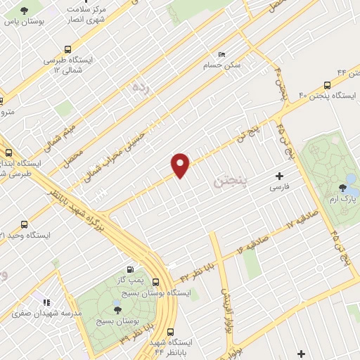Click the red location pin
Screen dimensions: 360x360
pyautogui.click(x=181, y=165)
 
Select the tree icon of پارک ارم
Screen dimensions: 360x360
pyautogui.click(x=342, y=187)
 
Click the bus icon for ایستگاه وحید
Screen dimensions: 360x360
pyautogui.click(x=25, y=224)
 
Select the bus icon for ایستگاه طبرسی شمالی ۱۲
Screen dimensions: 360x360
pyautogui.click(x=67, y=49)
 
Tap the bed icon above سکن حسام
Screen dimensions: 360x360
pyautogui.click(x=222, y=54)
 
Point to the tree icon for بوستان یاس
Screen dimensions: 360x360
pyautogui.click(x=25, y=11)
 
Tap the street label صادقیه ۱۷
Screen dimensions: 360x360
pyautogui.click(x=303, y=219)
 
